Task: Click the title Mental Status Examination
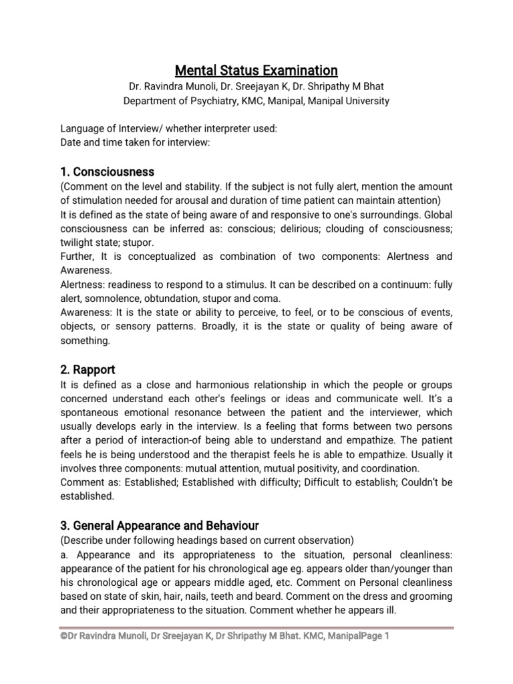[x=256, y=70]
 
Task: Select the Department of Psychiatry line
[x=256, y=101]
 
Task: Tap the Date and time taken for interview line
[x=135, y=143]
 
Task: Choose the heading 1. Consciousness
[x=108, y=172]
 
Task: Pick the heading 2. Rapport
[x=88, y=369]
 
